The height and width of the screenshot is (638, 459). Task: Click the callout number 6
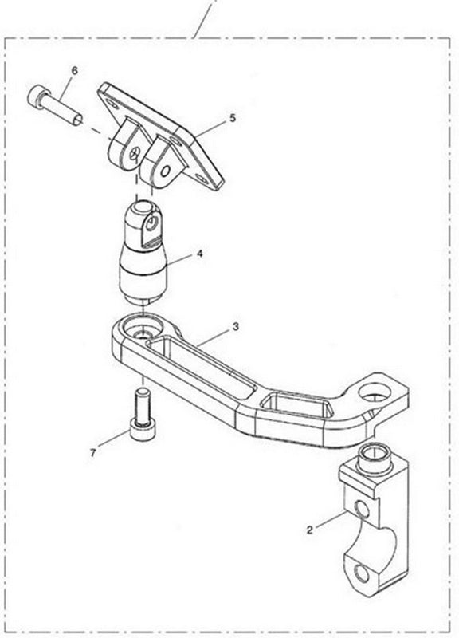pyautogui.click(x=74, y=70)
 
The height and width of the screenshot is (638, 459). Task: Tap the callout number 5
pyautogui.click(x=233, y=118)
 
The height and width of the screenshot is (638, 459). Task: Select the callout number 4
pyautogui.click(x=200, y=254)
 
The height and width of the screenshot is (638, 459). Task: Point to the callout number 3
pyautogui.click(x=236, y=326)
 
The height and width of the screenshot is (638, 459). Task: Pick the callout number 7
pyautogui.click(x=92, y=452)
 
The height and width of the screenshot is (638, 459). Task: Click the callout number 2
pyautogui.click(x=310, y=530)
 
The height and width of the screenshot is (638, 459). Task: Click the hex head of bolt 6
pyautogui.click(x=37, y=96)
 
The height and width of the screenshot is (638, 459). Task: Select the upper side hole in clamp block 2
pyautogui.click(x=362, y=509)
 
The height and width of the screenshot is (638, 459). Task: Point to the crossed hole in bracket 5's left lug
pyautogui.click(x=135, y=154)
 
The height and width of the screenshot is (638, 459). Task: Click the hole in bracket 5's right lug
pyautogui.click(x=165, y=171)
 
